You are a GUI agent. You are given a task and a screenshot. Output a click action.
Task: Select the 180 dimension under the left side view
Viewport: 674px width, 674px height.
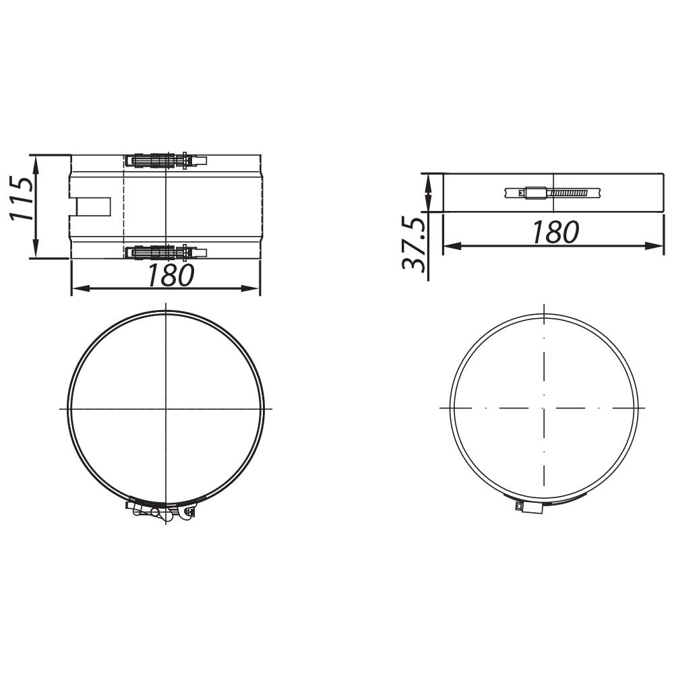pos(170,275)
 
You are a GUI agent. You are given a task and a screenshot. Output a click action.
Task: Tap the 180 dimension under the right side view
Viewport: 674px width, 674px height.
pos(555,233)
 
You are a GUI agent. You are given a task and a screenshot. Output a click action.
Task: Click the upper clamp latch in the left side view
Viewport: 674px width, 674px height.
pos(166,161)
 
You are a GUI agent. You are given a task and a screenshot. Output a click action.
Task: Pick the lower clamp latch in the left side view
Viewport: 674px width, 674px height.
pos(166,253)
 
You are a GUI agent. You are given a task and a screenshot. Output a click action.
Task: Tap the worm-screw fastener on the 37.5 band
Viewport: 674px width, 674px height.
pos(553,193)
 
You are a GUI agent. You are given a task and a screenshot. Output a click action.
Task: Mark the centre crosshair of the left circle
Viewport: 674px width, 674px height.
pos(166,408)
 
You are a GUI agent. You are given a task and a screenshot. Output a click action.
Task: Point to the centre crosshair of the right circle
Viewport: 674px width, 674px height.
pos(543,407)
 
